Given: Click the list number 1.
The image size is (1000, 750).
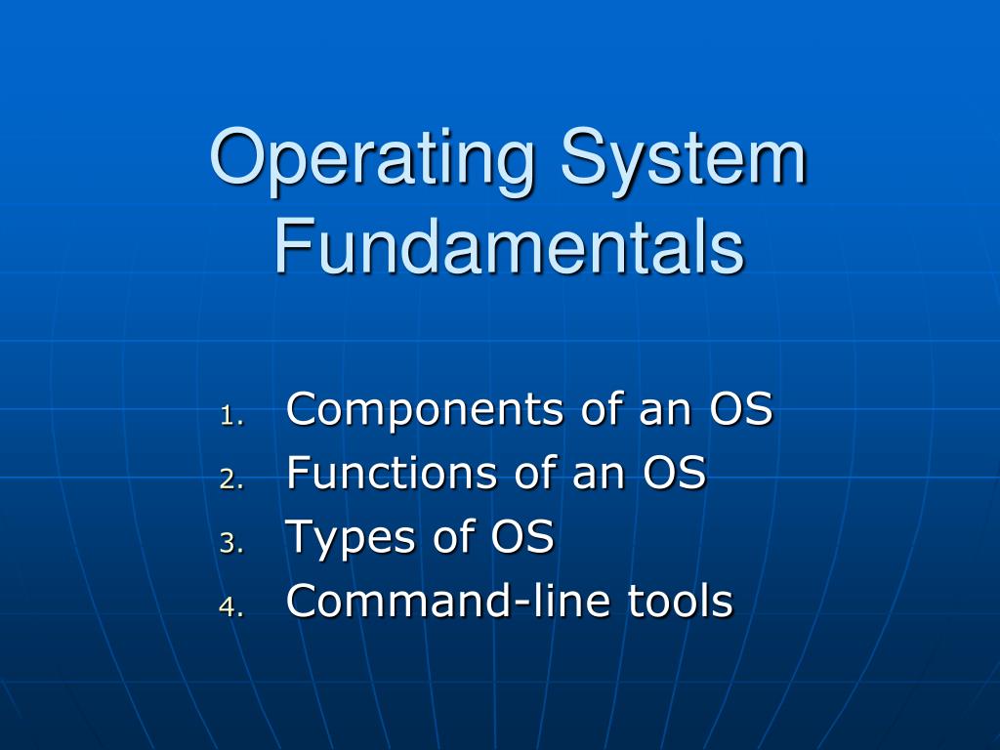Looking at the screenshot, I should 229,415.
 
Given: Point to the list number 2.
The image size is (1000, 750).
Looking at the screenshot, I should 229,479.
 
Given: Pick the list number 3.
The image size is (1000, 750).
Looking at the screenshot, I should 229,543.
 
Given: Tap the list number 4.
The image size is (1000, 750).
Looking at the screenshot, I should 229,606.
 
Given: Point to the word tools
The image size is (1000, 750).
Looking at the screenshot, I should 681,601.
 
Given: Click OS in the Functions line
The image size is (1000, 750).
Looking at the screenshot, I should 674,474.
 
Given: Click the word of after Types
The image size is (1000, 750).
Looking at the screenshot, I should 452,537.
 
